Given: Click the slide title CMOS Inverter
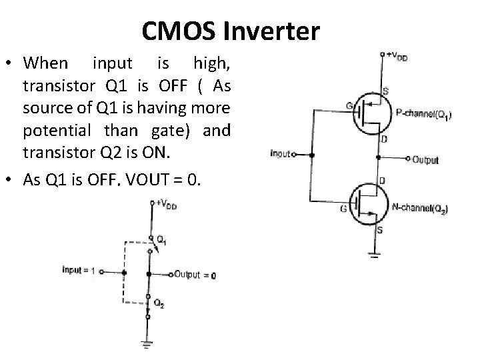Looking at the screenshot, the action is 231,30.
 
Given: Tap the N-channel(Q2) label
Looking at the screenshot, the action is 420,209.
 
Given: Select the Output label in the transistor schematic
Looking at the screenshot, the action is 425,160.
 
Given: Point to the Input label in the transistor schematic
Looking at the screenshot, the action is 281,154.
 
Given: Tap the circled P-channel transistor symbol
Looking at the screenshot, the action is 370,113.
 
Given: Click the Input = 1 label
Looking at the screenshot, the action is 79,270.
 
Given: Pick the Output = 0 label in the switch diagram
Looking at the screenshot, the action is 196,275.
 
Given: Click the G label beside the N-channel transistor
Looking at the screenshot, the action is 343,210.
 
